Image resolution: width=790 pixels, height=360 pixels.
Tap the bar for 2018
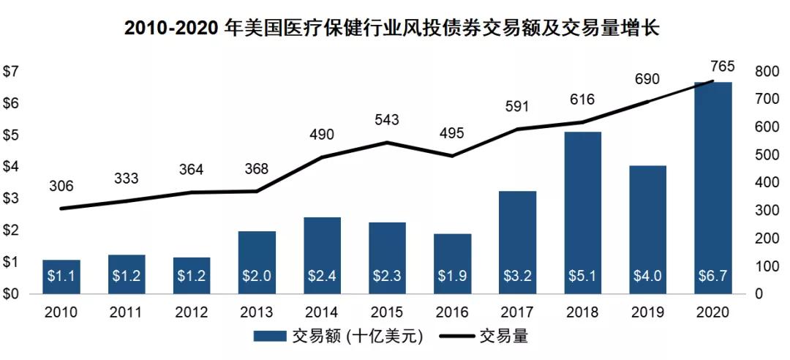click(x=583, y=212)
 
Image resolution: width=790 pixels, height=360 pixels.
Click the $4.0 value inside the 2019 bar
click(x=648, y=277)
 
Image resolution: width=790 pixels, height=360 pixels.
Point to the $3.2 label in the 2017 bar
click(x=518, y=277)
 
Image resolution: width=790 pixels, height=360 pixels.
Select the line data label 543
click(x=387, y=119)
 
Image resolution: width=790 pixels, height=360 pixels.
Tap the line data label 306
click(x=61, y=187)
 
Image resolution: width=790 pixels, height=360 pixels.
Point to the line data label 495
click(x=452, y=134)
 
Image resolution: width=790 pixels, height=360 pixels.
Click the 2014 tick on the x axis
click(x=323, y=312)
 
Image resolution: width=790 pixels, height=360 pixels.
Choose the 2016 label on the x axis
click(x=452, y=312)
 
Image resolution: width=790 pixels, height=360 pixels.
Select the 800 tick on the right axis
click(x=765, y=72)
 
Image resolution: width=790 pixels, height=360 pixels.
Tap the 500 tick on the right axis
click(x=765, y=155)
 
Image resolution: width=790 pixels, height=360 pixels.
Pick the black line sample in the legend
click(x=455, y=337)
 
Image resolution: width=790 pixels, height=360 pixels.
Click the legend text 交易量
click(x=503, y=337)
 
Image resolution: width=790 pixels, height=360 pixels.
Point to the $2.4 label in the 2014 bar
click(x=323, y=277)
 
